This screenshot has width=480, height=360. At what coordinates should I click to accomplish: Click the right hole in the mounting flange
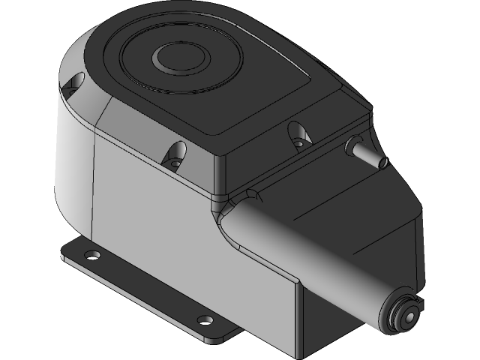pyautogui.click(x=205, y=318)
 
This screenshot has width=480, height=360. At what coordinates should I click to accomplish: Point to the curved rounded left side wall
pyautogui.click(x=71, y=165)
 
